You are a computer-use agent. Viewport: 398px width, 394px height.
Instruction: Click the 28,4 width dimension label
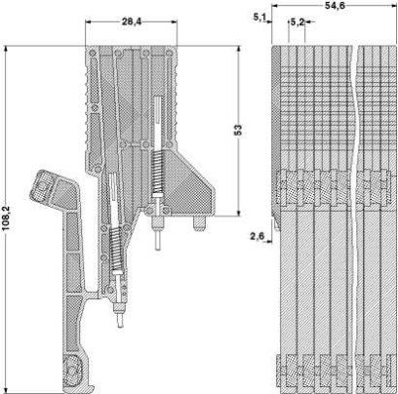(132, 21)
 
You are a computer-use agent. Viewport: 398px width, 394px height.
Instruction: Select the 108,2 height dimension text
(6, 218)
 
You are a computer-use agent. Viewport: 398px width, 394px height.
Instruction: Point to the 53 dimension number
(238, 130)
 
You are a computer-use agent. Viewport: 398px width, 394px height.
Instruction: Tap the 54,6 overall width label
(335, 6)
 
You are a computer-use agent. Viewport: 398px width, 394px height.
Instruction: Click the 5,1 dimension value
(259, 17)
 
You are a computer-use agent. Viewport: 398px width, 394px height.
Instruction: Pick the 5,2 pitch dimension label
(298, 22)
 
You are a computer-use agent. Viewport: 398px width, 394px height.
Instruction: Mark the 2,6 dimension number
(257, 236)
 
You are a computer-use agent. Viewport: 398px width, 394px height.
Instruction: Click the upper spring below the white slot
(158, 172)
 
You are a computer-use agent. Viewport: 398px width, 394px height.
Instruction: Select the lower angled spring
(115, 249)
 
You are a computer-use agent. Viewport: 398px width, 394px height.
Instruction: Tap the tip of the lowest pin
(121, 326)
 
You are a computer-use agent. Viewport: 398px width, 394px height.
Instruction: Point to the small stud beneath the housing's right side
(199, 223)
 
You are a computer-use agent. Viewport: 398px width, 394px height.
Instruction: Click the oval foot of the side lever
(73, 371)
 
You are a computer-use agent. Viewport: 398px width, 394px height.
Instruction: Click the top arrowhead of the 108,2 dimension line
(6, 49)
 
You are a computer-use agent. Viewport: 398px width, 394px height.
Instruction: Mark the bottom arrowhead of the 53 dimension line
(238, 213)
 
